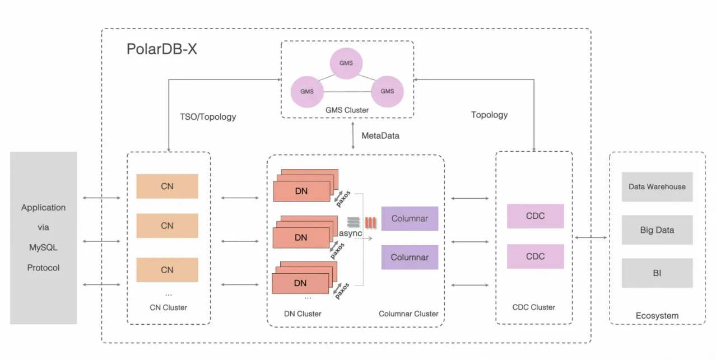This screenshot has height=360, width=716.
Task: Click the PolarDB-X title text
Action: [161, 49]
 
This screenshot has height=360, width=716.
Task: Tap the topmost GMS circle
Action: [346, 63]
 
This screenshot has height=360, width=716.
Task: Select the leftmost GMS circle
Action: [306, 91]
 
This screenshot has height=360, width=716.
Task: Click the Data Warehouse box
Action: [657, 187]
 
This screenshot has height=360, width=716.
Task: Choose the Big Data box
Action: [657, 230]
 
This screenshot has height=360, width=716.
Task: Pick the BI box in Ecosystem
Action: [657, 273]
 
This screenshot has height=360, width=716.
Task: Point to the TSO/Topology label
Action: [208, 117]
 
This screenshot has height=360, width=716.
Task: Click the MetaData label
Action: [381, 135]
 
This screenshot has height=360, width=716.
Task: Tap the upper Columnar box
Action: [410, 218]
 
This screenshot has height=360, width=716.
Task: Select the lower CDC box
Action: [535, 256]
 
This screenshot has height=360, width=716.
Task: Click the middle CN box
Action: [167, 226]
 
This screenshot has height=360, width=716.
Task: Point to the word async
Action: [350, 232]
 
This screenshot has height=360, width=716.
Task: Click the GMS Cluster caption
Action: [347, 110]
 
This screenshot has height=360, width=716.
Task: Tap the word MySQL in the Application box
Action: [43, 247]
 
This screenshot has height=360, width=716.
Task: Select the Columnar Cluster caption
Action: [408, 314]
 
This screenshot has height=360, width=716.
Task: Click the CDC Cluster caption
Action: [533, 307]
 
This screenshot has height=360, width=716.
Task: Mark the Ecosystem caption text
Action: [657, 316]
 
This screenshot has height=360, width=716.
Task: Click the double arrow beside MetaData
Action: [353, 136]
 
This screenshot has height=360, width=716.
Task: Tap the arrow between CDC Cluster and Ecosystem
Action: [591, 238]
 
